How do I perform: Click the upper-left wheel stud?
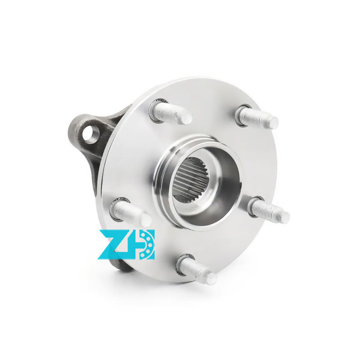click(171, 112)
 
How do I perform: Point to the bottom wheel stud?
click(197, 269)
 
